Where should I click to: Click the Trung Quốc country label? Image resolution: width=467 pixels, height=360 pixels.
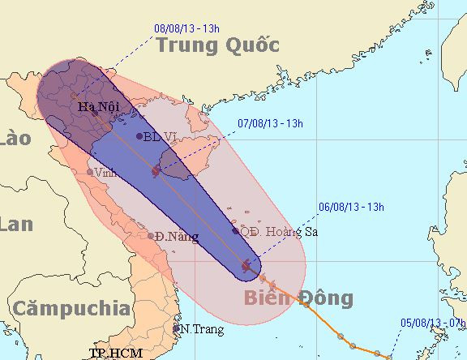point(217,45)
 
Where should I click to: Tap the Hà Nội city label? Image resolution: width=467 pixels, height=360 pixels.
point(95,106)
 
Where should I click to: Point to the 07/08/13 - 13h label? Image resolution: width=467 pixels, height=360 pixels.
point(270,124)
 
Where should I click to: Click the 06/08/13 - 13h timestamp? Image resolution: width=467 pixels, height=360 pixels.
point(350,208)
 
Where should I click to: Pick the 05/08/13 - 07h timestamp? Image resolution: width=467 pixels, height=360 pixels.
point(433,323)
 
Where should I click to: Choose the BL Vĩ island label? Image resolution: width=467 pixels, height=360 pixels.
point(163,136)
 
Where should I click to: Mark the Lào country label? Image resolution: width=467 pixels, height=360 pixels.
point(13,139)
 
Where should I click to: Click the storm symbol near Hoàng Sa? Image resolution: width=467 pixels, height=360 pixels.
point(247,265)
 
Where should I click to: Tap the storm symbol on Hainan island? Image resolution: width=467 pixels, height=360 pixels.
point(156,171)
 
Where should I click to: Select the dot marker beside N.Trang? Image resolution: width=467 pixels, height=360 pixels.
point(176,329)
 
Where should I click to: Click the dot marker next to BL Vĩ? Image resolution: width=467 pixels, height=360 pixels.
point(139,136)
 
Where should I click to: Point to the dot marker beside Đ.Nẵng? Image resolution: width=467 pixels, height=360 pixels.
point(151,236)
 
